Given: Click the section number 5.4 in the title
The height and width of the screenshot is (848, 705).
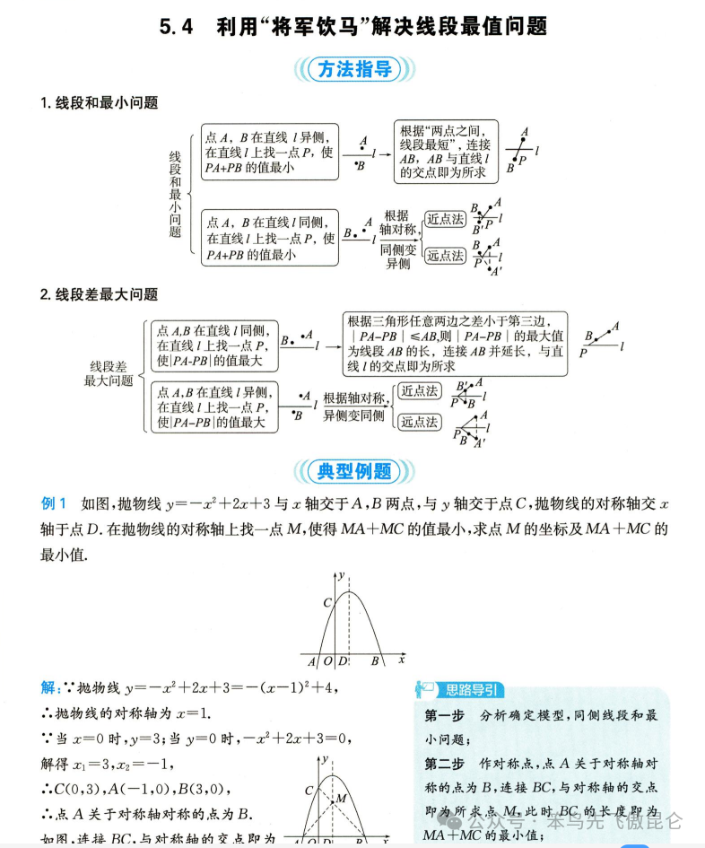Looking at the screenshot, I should click(x=176, y=27).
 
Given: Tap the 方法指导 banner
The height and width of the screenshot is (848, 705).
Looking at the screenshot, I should click(x=355, y=69).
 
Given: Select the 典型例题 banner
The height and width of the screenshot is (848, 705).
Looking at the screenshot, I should click(x=355, y=470).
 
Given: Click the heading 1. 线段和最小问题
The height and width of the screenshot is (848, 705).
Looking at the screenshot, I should click(x=99, y=103).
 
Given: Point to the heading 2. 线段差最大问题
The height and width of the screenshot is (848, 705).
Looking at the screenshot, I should click(x=99, y=294).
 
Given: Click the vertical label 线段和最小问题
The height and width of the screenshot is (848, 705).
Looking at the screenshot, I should click(x=175, y=194).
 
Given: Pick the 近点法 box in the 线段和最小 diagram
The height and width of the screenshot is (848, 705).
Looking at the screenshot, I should click(x=445, y=219).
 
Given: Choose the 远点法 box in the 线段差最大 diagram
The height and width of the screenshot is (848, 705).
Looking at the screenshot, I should click(x=419, y=422).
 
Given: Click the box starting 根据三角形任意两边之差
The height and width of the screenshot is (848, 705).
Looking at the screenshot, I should click(x=456, y=344).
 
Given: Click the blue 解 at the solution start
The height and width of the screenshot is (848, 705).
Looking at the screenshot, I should click(x=48, y=687).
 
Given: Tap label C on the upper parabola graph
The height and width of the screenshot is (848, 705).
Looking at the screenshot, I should click(x=327, y=602).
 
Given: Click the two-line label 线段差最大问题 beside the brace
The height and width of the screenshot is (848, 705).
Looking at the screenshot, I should click(x=109, y=373).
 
